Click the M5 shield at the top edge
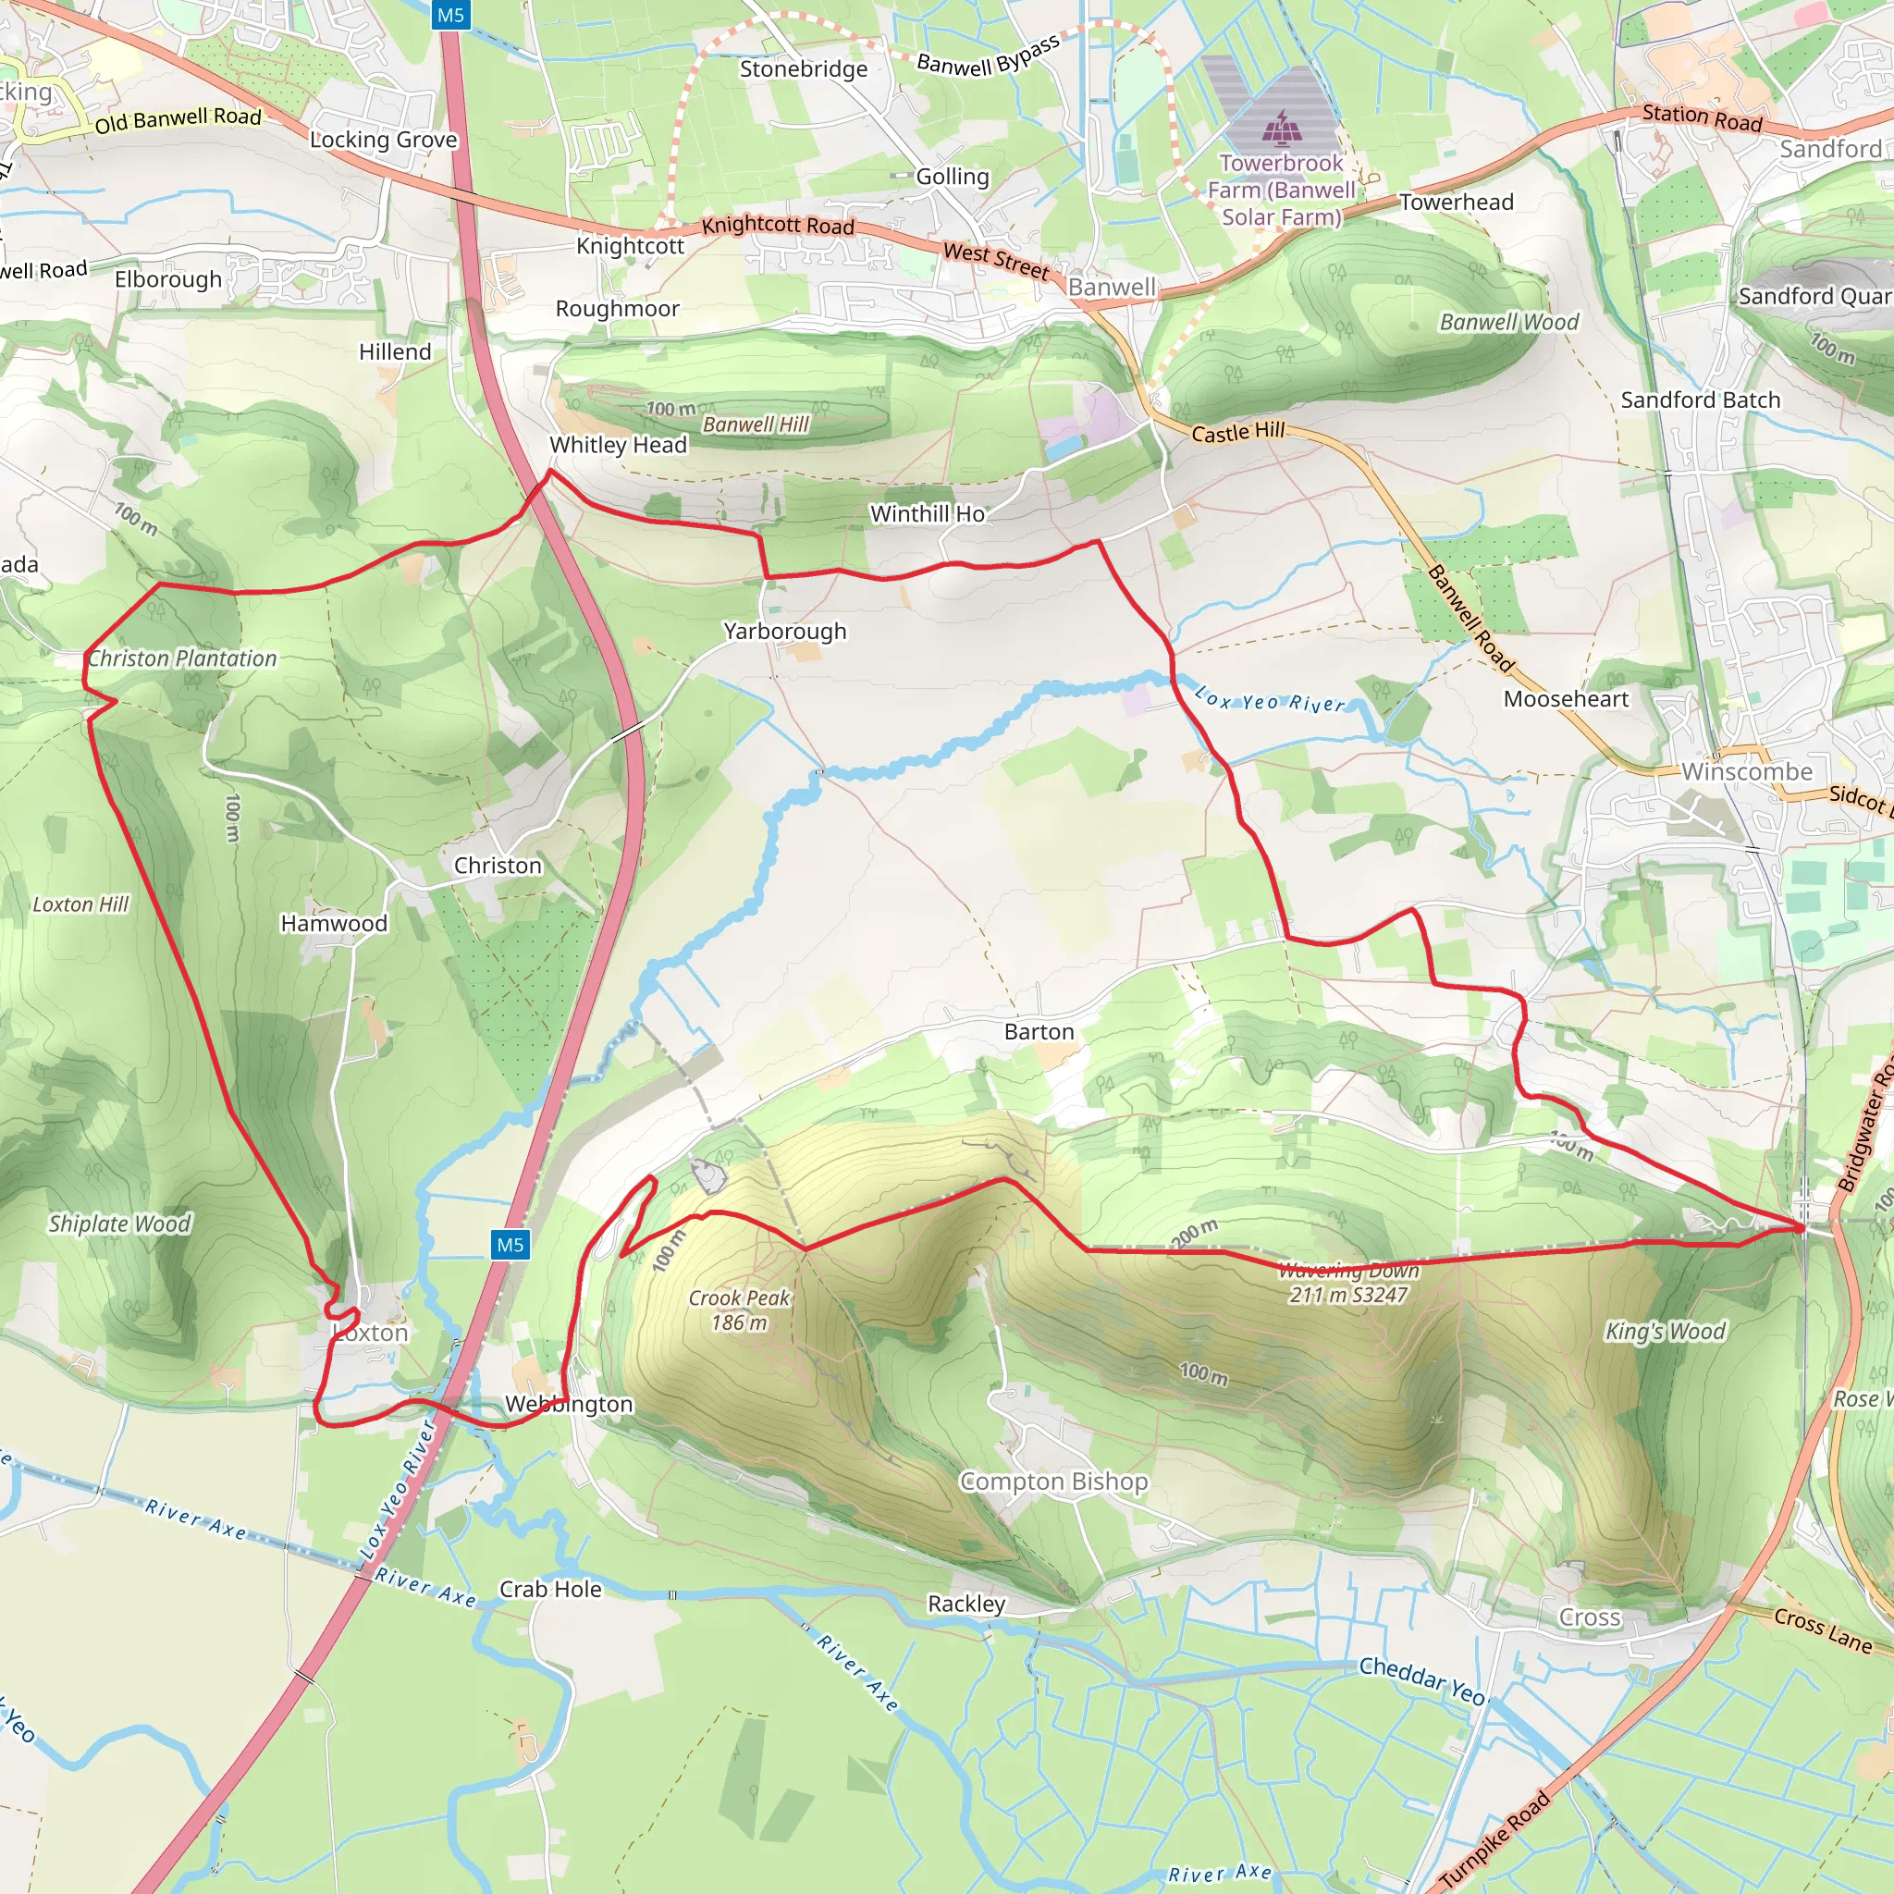pos(451,15)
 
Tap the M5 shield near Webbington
pos(510,1245)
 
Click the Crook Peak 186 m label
pos(739,1310)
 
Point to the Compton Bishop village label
pos(1052,1482)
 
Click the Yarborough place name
pos(784,632)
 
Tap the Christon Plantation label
pos(182,658)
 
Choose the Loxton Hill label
pos(80,904)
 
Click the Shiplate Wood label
pos(119,1224)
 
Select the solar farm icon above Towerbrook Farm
pos(1278,128)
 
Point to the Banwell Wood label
pos(1508,323)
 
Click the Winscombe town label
pos(1747,771)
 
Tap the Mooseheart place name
pos(1566,699)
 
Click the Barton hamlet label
pos(1039,1031)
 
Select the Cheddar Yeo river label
pos(1421,1679)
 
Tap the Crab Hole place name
pos(550,1589)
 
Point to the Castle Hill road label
pos(1237,432)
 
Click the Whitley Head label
pos(618,445)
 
